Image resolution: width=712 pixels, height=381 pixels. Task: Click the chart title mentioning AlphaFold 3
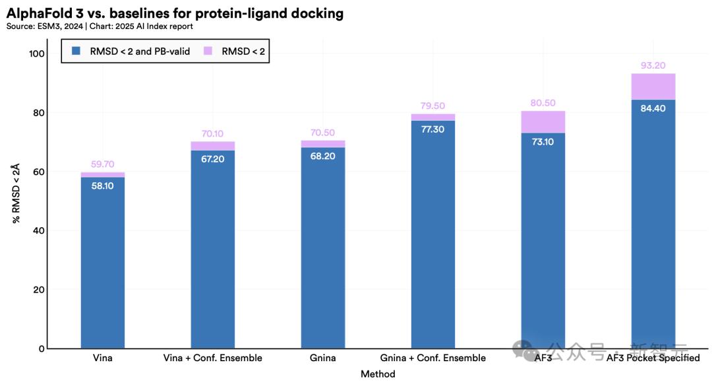point(175,13)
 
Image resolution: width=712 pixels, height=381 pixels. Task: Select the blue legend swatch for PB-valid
point(76,51)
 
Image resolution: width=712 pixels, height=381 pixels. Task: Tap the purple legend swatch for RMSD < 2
point(208,51)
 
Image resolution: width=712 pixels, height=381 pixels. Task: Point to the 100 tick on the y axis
point(37,53)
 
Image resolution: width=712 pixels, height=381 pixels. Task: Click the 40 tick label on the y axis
point(39,230)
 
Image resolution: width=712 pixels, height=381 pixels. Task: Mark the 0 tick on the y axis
point(42,349)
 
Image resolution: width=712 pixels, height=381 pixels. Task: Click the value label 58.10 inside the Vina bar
point(103,186)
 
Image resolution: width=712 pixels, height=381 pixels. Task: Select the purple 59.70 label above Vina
point(103,164)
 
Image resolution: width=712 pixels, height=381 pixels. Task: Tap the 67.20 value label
point(212,159)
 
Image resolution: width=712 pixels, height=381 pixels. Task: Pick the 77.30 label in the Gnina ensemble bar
point(432,129)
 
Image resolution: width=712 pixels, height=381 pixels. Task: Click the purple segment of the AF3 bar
point(543,122)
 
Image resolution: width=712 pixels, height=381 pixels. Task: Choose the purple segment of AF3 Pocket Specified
point(653,87)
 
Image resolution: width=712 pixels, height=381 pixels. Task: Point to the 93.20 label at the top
point(653,65)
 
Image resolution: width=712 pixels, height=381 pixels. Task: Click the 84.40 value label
point(653,108)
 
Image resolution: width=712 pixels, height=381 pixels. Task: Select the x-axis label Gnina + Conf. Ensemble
point(432,358)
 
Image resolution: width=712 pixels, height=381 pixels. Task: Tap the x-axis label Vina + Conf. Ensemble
point(212,358)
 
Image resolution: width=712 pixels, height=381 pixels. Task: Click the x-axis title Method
point(378,374)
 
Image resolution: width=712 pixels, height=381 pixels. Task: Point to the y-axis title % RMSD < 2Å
point(16,193)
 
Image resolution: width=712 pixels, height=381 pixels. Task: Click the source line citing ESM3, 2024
point(100,26)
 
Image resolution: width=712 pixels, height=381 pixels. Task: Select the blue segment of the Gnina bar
point(323,248)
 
